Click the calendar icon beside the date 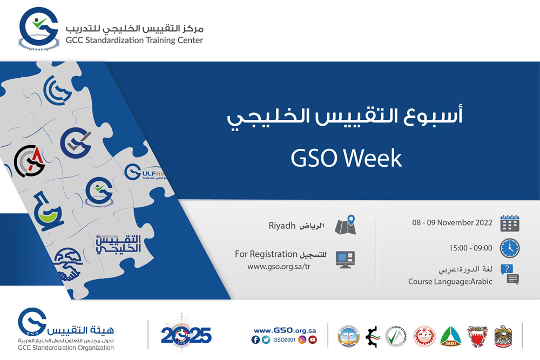(510, 223)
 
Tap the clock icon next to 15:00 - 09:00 (510, 248)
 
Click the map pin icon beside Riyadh (346, 225)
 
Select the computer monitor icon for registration (345, 260)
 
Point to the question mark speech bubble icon (510, 274)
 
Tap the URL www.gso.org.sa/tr (279, 266)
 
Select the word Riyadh (280, 225)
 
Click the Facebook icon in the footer (255, 339)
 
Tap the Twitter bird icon (266, 339)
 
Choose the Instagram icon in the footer (302, 339)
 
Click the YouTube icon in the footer (313, 339)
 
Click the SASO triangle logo (450, 336)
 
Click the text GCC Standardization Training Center (134, 40)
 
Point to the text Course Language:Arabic (450, 282)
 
